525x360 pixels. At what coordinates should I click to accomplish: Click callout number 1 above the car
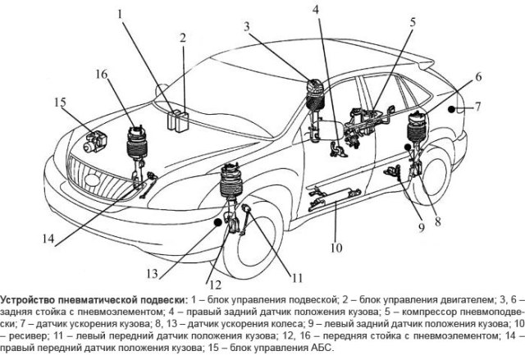pos(121,15)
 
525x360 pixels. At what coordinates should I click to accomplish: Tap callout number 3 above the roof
pos(247,27)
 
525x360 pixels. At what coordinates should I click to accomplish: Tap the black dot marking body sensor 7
pos(450,107)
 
